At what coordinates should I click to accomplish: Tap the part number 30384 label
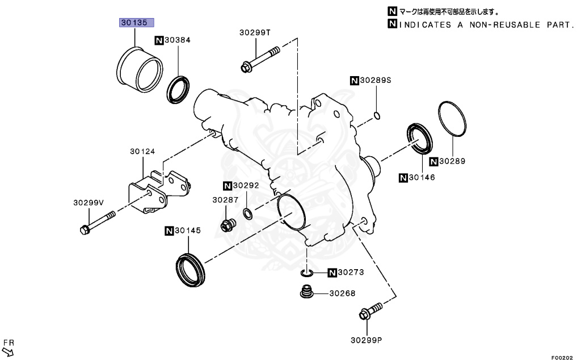point(177,40)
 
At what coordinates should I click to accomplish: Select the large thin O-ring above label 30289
point(453,119)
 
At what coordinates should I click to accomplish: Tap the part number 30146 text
point(422,178)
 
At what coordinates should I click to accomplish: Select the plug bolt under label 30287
point(227,226)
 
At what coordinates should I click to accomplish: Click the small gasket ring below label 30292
point(249,214)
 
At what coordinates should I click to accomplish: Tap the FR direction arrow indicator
point(8,347)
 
